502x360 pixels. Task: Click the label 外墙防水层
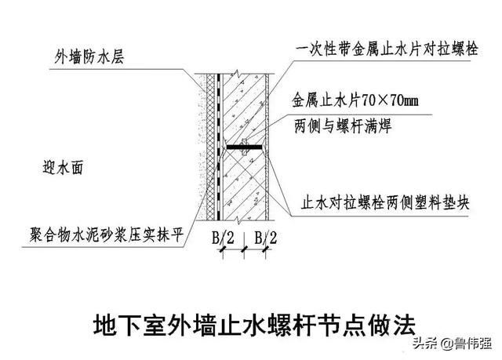(x=89, y=57)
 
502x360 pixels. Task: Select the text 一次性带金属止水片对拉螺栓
(x=387, y=49)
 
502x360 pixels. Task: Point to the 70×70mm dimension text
(x=391, y=101)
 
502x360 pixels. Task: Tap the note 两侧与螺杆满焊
(x=343, y=126)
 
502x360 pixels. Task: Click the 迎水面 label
(x=63, y=168)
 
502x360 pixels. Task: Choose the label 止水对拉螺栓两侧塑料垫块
(x=385, y=202)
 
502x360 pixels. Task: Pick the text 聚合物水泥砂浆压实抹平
(x=107, y=235)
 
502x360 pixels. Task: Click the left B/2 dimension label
(x=223, y=238)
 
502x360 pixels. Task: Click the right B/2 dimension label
(x=266, y=238)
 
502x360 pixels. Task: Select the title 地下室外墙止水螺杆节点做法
(x=254, y=325)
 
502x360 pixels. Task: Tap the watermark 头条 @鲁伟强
(x=452, y=344)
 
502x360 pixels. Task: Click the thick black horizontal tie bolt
(x=244, y=147)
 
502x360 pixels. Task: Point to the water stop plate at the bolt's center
(x=244, y=147)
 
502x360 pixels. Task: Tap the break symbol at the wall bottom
(x=237, y=220)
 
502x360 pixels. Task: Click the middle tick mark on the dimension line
(x=244, y=249)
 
